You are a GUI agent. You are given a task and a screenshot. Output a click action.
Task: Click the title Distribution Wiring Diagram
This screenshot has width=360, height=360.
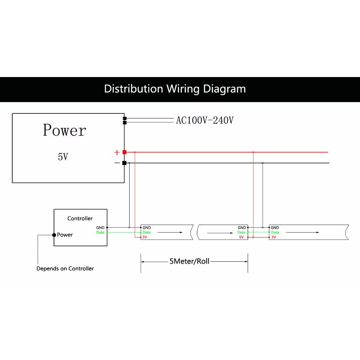(x=175, y=89)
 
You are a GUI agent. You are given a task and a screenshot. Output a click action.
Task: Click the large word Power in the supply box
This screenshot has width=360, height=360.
(x=64, y=130)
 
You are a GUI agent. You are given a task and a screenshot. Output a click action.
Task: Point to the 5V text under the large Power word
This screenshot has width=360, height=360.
(x=63, y=157)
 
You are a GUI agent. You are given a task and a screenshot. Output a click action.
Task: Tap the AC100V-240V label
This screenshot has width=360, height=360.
(x=204, y=120)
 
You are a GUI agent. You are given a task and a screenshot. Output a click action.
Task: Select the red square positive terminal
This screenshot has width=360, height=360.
(x=124, y=152)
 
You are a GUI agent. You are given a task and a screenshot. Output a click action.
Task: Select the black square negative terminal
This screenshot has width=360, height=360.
(x=124, y=163)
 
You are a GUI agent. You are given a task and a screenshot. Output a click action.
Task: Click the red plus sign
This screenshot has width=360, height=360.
(x=117, y=153)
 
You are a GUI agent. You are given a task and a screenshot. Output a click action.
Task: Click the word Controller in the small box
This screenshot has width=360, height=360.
(x=80, y=219)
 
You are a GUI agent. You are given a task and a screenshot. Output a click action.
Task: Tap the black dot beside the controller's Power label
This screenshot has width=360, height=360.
(x=54, y=235)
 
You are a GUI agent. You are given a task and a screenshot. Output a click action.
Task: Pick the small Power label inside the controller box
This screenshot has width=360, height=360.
(x=65, y=235)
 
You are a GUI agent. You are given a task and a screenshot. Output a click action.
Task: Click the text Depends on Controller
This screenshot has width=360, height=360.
(x=65, y=269)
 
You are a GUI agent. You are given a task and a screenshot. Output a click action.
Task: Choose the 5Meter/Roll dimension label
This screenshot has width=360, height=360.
(x=189, y=261)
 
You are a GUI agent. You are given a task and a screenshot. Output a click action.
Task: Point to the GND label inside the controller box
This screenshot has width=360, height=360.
(x=100, y=228)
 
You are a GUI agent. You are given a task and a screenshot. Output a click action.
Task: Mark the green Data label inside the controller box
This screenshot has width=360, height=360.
(x=100, y=232)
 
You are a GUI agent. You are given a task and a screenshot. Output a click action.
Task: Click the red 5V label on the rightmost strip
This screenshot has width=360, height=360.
(x=274, y=237)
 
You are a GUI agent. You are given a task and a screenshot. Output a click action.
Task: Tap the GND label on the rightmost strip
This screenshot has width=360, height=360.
(x=275, y=228)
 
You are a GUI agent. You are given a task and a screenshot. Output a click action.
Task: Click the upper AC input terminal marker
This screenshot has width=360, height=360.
(x=125, y=118)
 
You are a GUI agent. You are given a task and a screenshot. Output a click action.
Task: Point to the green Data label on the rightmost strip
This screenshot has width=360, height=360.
(x=275, y=232)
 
